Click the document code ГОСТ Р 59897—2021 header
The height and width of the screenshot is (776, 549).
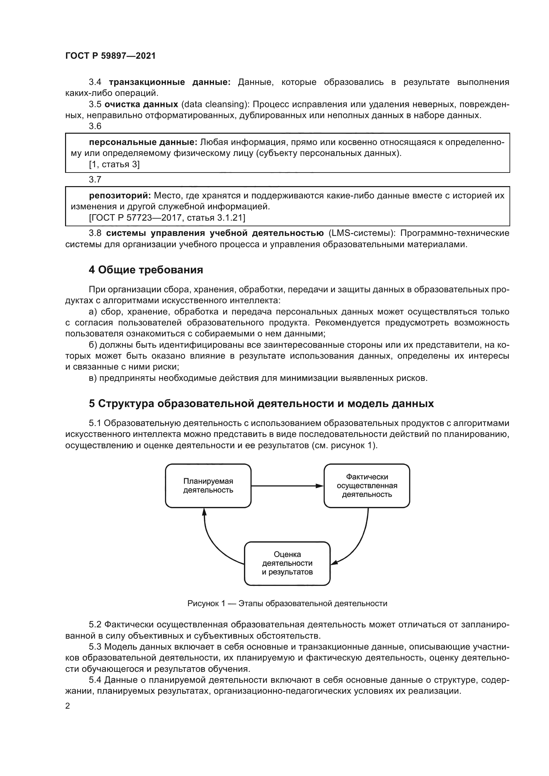[x=110, y=56]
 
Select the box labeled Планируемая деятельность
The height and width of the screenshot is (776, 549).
[x=208, y=486]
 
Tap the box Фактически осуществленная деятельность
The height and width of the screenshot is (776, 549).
[x=366, y=486]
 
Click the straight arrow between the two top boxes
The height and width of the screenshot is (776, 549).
[x=287, y=486]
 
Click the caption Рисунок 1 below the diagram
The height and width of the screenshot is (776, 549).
[x=287, y=603]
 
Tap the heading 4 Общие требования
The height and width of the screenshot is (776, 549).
[x=146, y=270]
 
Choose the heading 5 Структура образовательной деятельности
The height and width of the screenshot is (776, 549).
[x=261, y=404]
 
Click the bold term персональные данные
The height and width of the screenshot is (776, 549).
[x=143, y=142]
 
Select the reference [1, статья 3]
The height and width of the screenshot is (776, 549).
[x=114, y=165]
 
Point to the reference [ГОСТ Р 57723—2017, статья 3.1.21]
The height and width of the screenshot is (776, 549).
[x=167, y=218]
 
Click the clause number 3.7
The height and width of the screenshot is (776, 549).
[x=95, y=179]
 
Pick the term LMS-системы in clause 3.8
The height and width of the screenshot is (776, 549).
[x=359, y=233]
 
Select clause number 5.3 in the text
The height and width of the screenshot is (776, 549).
[x=95, y=647]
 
